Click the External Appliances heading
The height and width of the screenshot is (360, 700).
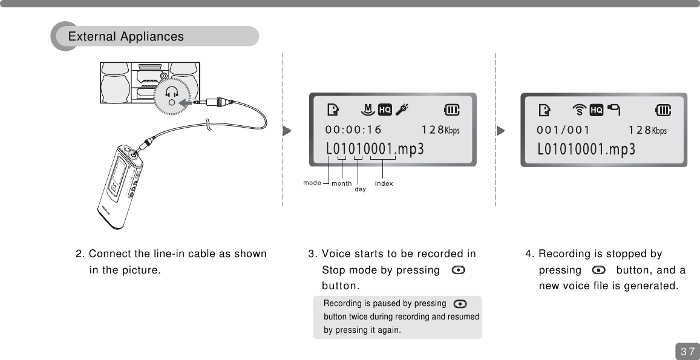coord(126,37)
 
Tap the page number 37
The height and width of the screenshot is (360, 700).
coord(687,352)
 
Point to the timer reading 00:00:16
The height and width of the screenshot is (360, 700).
coord(353,129)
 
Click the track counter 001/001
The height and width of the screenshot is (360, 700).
coord(563,129)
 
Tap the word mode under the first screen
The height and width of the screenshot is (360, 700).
coord(312,182)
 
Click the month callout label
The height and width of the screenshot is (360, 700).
coord(341,183)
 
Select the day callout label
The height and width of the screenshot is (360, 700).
coord(360,189)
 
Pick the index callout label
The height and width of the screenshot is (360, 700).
coord(384,183)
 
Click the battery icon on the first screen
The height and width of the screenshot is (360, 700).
coord(452,110)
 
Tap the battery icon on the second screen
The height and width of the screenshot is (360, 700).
coord(664,110)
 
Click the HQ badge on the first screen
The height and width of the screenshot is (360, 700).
coord(385,110)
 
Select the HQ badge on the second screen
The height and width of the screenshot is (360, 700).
coord(597,110)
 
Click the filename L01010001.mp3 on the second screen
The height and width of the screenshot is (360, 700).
coord(586,149)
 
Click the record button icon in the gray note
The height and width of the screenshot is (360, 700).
coord(460,304)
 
